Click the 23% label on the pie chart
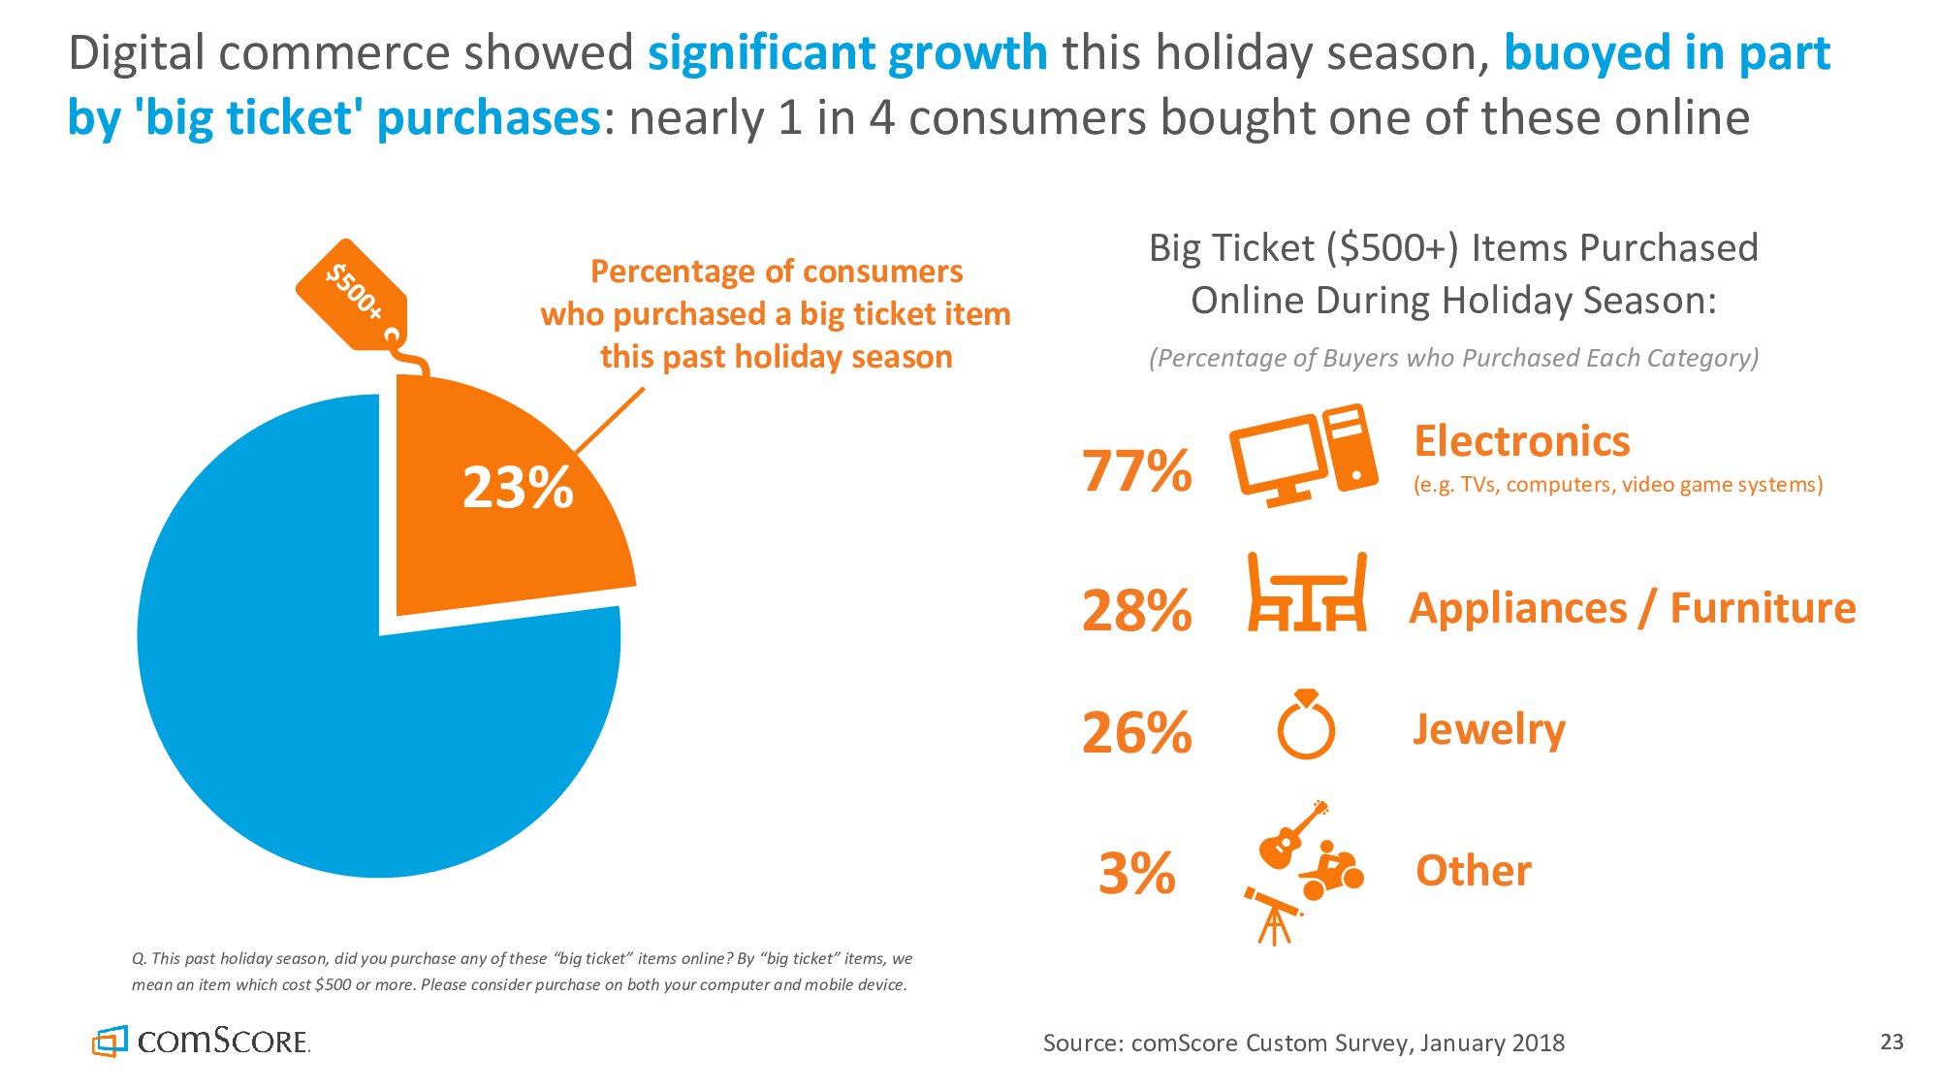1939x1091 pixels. pos(518,487)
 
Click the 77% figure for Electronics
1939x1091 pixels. pos(1136,471)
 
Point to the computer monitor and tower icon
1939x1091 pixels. pos(1303,455)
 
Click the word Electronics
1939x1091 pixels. pos(1521,441)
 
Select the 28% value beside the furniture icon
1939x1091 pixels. pos(1136,611)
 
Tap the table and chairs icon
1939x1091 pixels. pos(1306,593)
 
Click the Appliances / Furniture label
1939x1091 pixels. pos(1632,609)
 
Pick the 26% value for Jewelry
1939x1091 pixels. pos(1136,733)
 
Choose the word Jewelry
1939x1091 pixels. pos(1488,729)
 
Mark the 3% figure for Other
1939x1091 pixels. pos(1136,873)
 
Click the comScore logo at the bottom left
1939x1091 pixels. pos(202,1042)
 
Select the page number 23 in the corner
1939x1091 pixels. pos(1891,1043)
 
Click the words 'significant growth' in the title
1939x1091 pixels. pos(847,53)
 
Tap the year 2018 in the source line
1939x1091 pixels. pos(1538,1043)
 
